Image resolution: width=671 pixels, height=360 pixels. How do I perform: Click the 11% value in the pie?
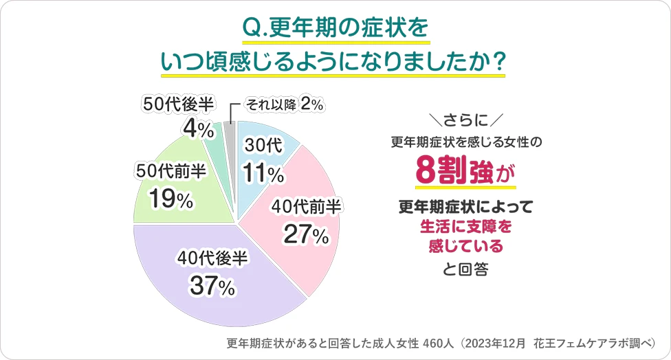(263, 175)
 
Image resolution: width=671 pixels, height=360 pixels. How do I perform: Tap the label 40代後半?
(212, 258)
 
